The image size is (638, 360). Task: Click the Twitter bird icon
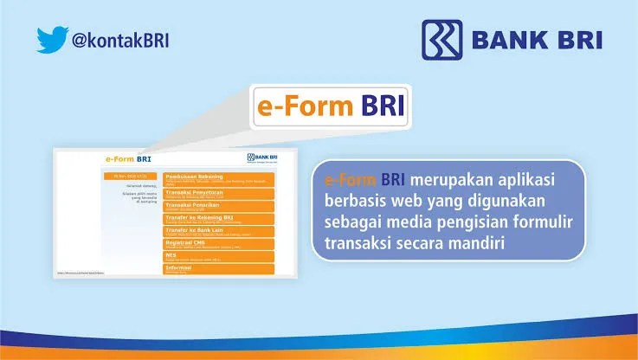click(49, 39)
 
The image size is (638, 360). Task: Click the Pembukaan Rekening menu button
click(218, 178)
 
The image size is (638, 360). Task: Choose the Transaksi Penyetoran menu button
click(218, 193)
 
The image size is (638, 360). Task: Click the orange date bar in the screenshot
click(128, 176)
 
